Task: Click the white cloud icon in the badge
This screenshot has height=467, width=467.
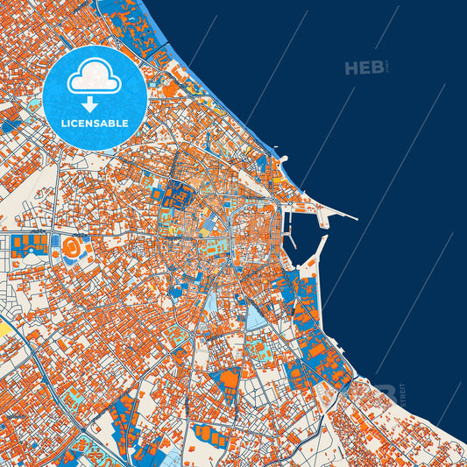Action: point(95,78)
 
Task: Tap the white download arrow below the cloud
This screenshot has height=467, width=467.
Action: point(95,103)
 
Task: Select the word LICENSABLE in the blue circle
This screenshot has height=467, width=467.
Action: point(95,124)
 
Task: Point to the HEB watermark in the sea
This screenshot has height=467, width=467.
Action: point(363,67)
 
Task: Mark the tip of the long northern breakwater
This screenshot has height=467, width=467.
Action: point(357,218)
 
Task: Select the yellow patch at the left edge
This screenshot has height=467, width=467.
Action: point(4,329)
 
